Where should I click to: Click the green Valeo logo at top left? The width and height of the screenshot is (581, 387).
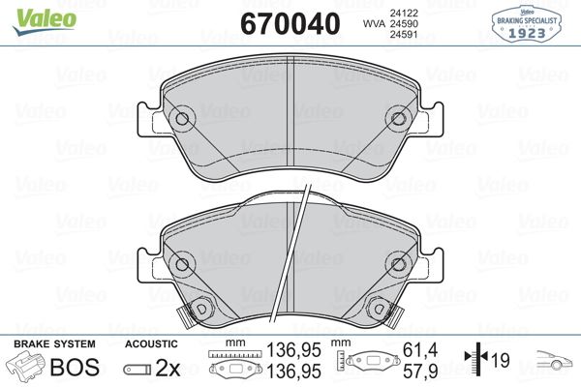point(32,14)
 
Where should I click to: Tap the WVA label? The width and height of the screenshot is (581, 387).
point(373,21)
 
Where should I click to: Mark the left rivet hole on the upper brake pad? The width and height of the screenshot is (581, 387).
point(184,120)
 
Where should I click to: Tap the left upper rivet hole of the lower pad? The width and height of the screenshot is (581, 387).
point(182,263)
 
